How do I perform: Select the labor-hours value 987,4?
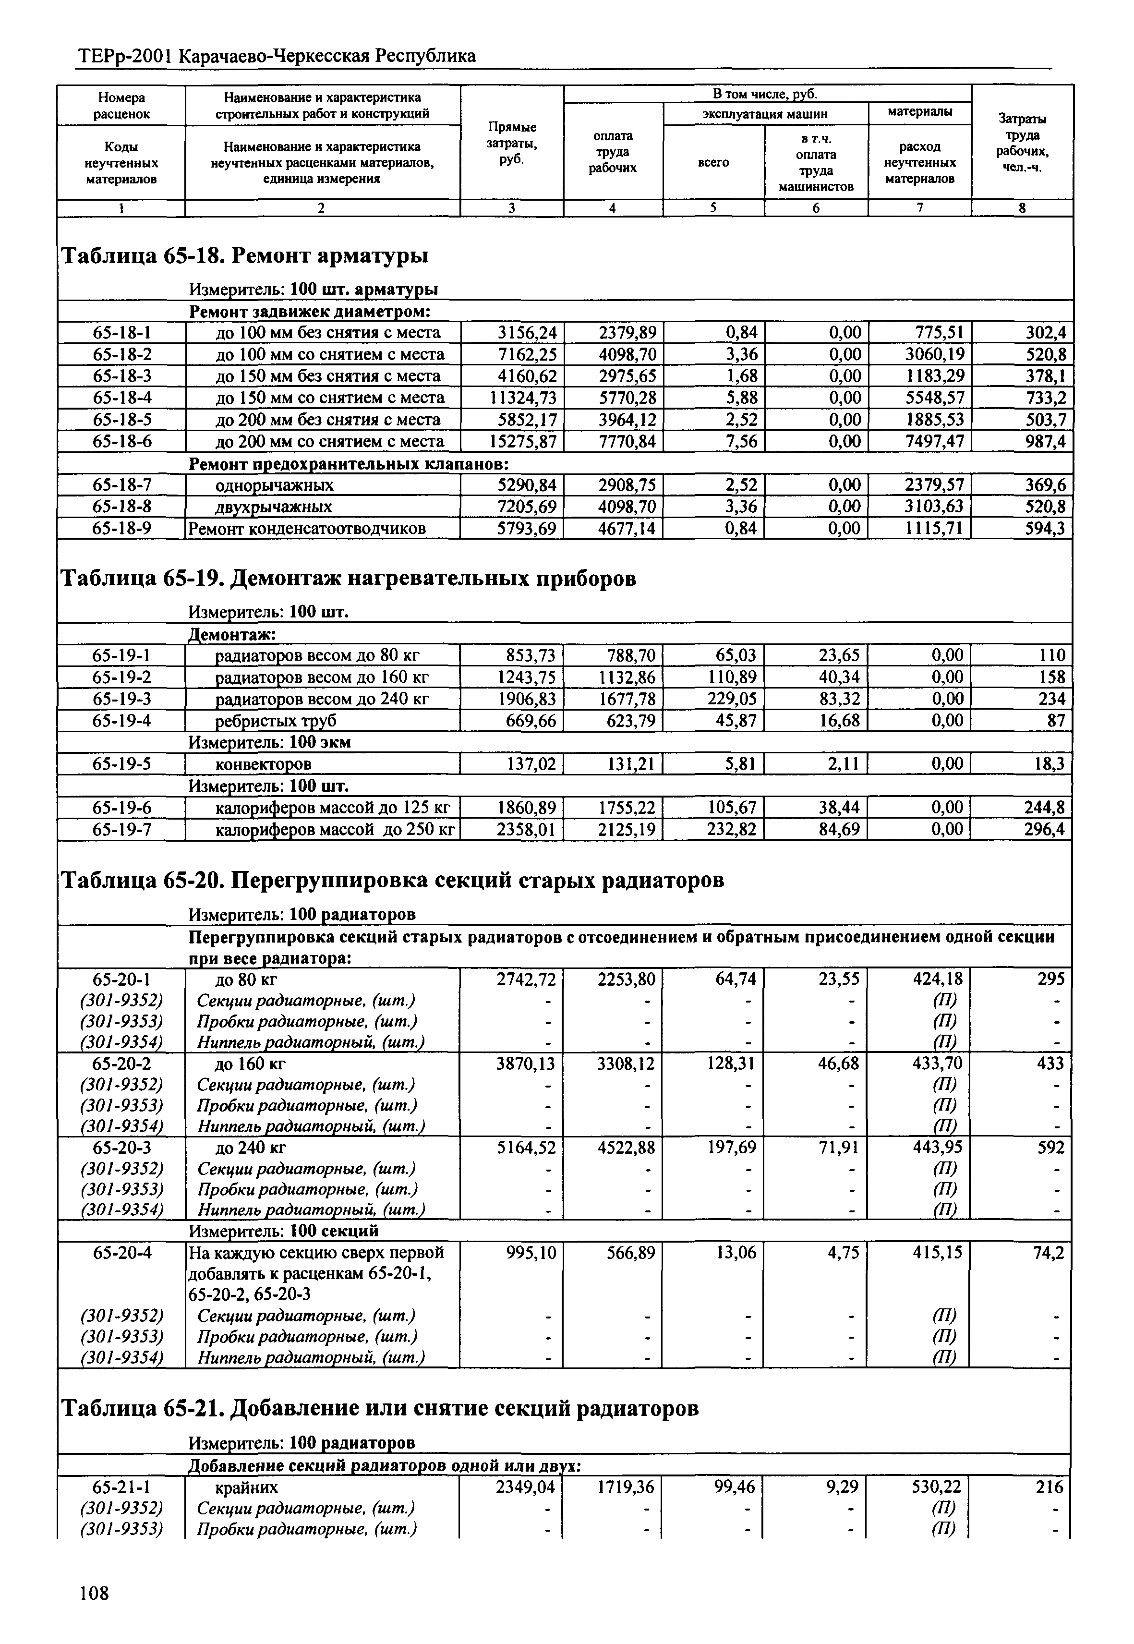(1045, 441)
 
